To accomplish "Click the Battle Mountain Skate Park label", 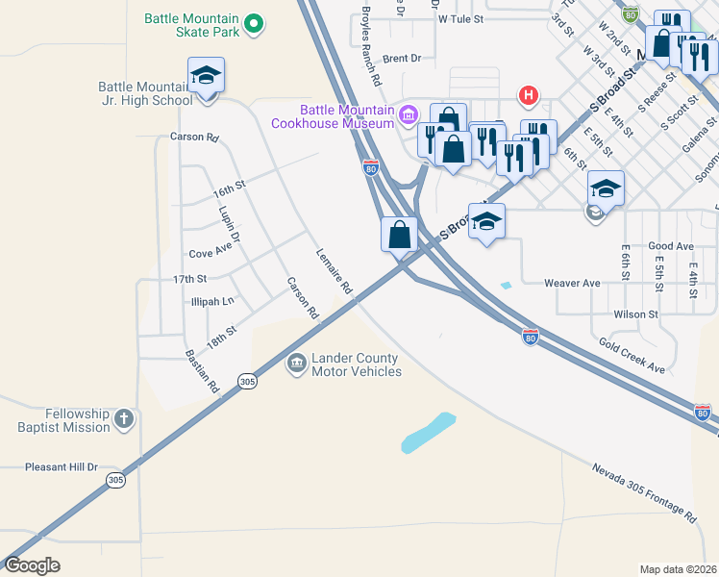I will tap(191, 25).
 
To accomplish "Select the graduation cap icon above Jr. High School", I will tap(206, 74).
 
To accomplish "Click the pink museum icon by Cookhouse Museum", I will tap(409, 115).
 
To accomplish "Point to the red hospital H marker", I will tap(527, 95).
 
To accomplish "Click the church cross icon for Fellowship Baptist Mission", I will tap(123, 418).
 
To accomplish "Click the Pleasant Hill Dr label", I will tap(62, 467).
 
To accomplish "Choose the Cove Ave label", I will tap(211, 252).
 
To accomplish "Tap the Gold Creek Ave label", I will tap(632, 355).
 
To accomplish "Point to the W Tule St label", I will tap(459, 18).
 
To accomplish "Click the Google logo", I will tap(33, 564).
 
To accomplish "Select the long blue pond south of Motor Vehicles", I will tap(428, 433).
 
